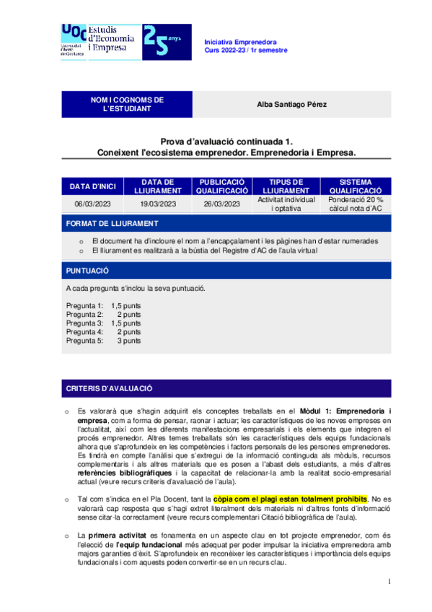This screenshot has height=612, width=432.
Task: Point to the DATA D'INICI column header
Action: click(x=93, y=187)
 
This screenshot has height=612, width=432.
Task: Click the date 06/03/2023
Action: click(x=93, y=204)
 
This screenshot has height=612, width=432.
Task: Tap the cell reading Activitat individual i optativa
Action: click(x=286, y=204)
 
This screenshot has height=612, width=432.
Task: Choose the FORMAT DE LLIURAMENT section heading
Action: click(x=112, y=224)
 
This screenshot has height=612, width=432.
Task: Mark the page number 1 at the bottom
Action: click(x=388, y=582)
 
